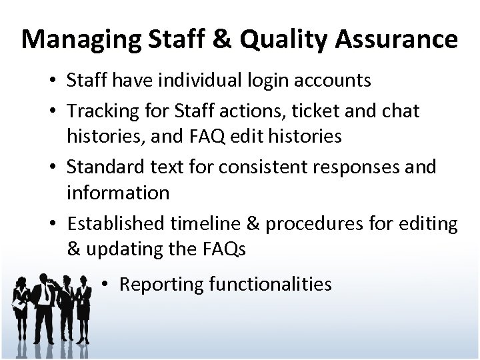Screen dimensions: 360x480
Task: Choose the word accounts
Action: pyautogui.click(x=333, y=81)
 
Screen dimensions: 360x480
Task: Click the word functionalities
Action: pyautogui.click(x=270, y=285)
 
